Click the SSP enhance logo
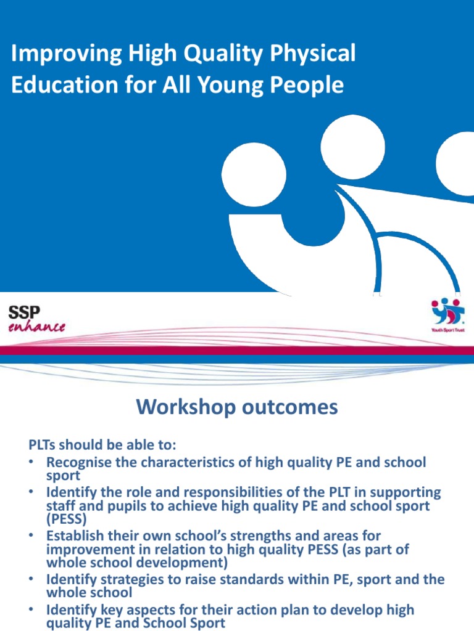click(36, 318)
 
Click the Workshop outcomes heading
click(237, 407)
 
